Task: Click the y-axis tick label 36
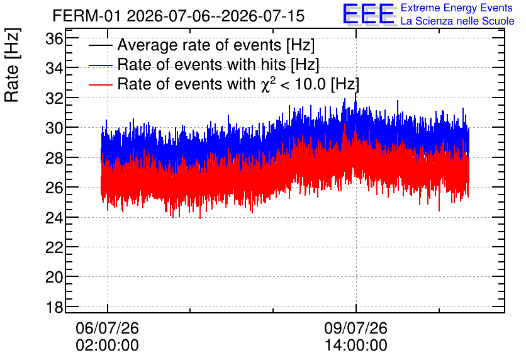coord(54,39)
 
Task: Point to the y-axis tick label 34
coord(54,69)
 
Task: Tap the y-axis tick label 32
coord(54,99)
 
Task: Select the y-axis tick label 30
coord(54,128)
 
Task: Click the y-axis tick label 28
coord(54,158)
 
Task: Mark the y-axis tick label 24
coord(54,218)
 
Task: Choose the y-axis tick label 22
coord(54,247)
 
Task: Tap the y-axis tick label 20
coord(54,278)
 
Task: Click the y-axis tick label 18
coord(54,307)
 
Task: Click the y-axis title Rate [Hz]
coord(12,65)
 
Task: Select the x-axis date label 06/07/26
coord(108,328)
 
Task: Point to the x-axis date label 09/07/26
coord(356,328)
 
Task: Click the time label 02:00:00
coord(108,346)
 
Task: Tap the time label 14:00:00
coord(356,346)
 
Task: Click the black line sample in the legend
coord(100,45)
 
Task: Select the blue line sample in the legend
coord(100,65)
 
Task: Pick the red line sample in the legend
coord(100,84)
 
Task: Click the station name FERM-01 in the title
coord(87,16)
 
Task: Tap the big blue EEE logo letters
coord(369,14)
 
